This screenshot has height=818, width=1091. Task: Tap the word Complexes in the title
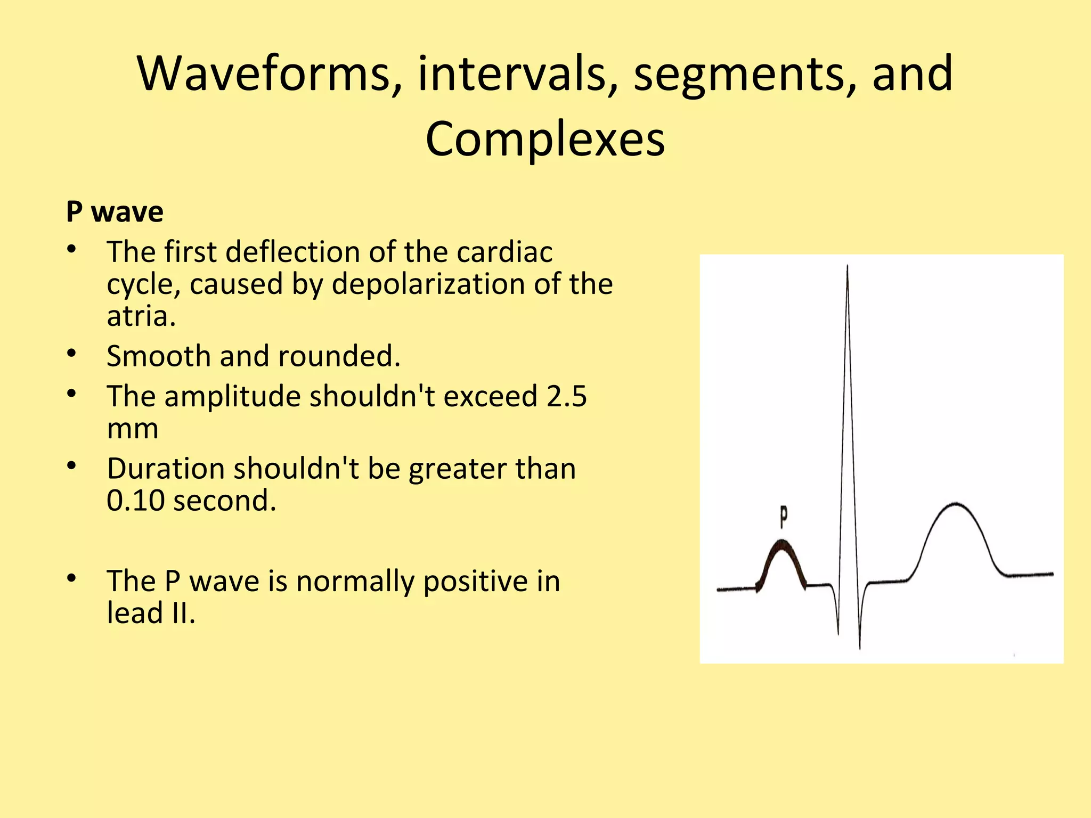(545, 139)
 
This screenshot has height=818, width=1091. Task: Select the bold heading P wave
(115, 212)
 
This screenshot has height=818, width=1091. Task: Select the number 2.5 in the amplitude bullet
(566, 396)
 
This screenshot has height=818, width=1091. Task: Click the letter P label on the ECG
(784, 516)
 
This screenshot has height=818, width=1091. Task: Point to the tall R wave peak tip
(847, 266)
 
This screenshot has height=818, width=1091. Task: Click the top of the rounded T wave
(956, 504)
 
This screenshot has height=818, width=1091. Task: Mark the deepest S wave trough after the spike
(860, 647)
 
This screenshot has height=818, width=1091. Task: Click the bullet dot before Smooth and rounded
(72, 353)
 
